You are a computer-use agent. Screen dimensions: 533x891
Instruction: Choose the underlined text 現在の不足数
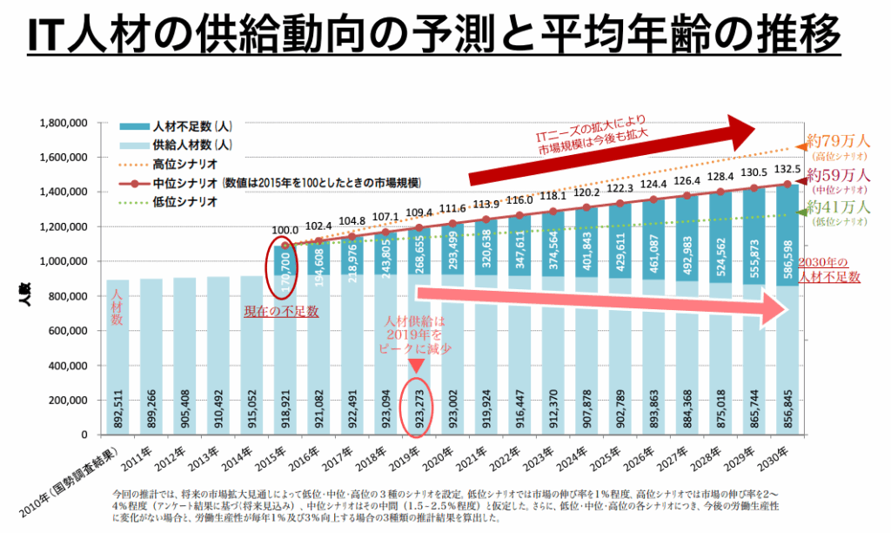284,309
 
